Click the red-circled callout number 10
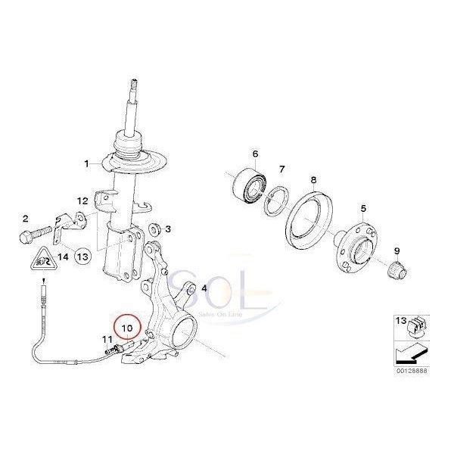click(x=126, y=327)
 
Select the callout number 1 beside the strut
click(x=86, y=163)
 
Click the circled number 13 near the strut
click(x=82, y=257)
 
